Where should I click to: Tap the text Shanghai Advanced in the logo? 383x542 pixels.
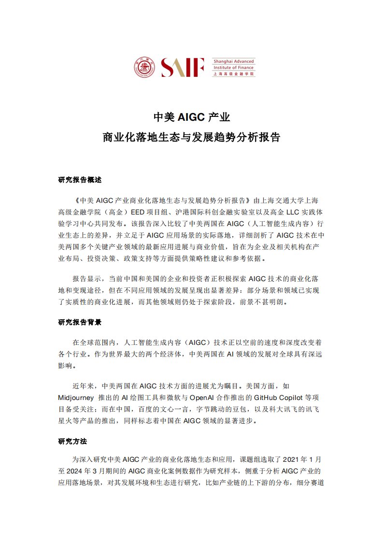click(233, 61)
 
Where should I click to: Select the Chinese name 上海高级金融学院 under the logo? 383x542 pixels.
click(233, 74)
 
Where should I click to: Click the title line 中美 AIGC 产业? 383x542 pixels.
click(191, 117)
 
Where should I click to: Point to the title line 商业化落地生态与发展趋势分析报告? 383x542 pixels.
click(191, 137)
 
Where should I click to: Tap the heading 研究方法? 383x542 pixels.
click(72, 442)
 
